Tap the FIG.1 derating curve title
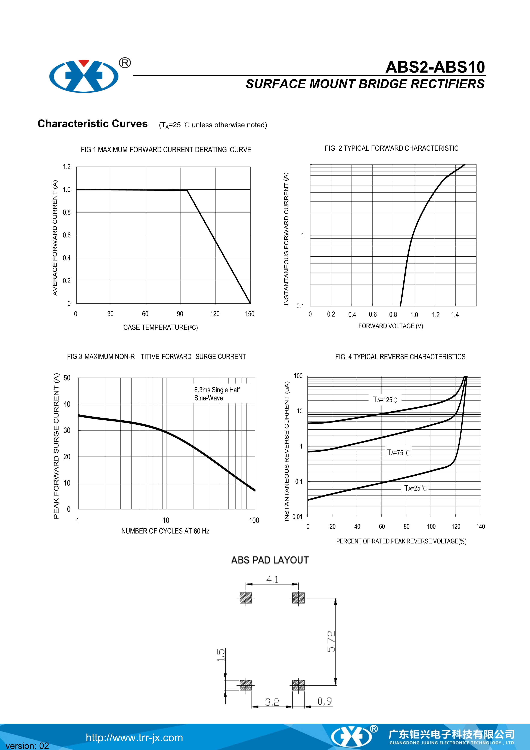click(x=166, y=150)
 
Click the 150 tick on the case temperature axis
click(x=250, y=314)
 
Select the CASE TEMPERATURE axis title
click(x=160, y=327)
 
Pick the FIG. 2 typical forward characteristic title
click(x=391, y=148)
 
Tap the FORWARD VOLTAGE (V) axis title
click(x=391, y=326)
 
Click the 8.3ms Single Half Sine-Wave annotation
click(x=217, y=394)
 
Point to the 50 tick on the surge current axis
click(x=67, y=378)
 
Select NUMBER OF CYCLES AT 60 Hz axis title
click(x=165, y=531)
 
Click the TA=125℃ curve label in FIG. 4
click(x=385, y=400)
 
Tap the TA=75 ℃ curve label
click(x=398, y=453)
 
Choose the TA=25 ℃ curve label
click(x=415, y=488)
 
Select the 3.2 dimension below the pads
click(x=272, y=702)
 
